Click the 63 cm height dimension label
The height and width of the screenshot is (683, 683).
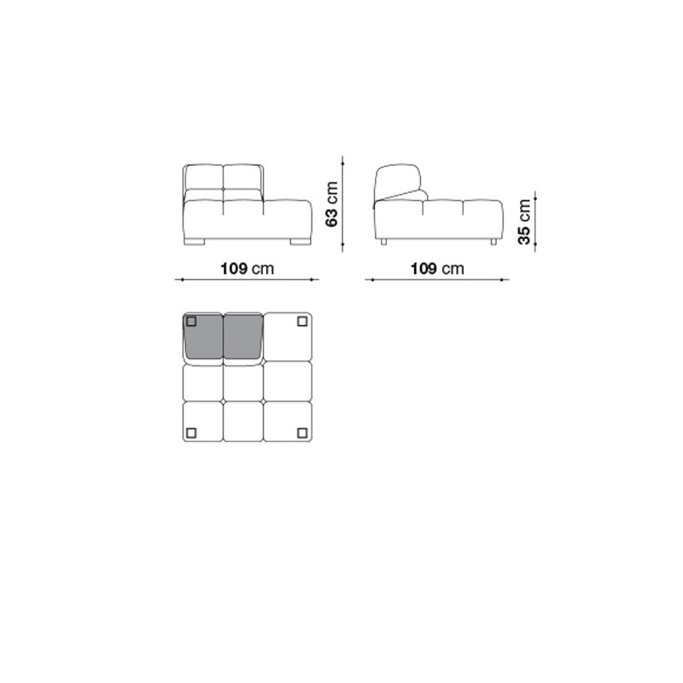[332, 204]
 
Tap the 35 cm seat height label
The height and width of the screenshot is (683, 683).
[524, 222]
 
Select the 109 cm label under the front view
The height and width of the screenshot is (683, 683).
[248, 268]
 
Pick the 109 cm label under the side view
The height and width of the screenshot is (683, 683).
[437, 268]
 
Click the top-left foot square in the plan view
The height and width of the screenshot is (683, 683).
[191, 322]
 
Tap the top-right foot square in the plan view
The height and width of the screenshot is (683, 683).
[302, 322]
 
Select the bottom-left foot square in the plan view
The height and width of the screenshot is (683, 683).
[191, 433]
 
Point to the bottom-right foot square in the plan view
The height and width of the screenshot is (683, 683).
[302, 433]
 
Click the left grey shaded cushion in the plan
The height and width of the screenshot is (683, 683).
[204, 336]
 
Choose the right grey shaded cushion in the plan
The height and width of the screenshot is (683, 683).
[243, 336]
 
